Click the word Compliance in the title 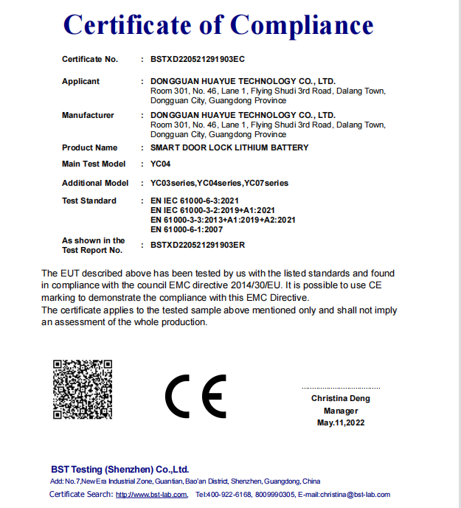click(302, 26)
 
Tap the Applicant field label click(80, 81)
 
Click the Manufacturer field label click(88, 115)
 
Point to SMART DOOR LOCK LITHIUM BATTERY click(229, 147)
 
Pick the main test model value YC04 click(160, 164)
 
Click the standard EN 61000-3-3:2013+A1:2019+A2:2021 click(223, 220)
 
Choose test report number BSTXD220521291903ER click(197, 245)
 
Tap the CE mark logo click(195, 398)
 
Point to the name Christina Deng click(341, 398)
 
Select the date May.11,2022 click(341, 422)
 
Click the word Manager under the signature click(341, 411)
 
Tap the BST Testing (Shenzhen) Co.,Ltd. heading click(120, 469)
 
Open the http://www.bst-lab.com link click(151, 494)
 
